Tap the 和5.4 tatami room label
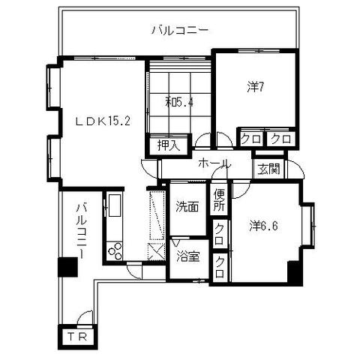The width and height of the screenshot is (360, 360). (179, 102)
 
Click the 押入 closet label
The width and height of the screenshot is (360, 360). (169, 145)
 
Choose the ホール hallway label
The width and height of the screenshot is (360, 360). (214, 164)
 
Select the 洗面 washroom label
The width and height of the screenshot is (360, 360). (187, 206)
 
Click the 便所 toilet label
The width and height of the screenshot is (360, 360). (219, 202)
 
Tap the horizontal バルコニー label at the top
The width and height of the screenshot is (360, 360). (179, 31)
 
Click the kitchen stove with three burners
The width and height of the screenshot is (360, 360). (115, 250)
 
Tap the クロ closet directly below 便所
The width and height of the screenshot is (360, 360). (219, 230)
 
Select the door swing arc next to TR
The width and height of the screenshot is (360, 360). (85, 317)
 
